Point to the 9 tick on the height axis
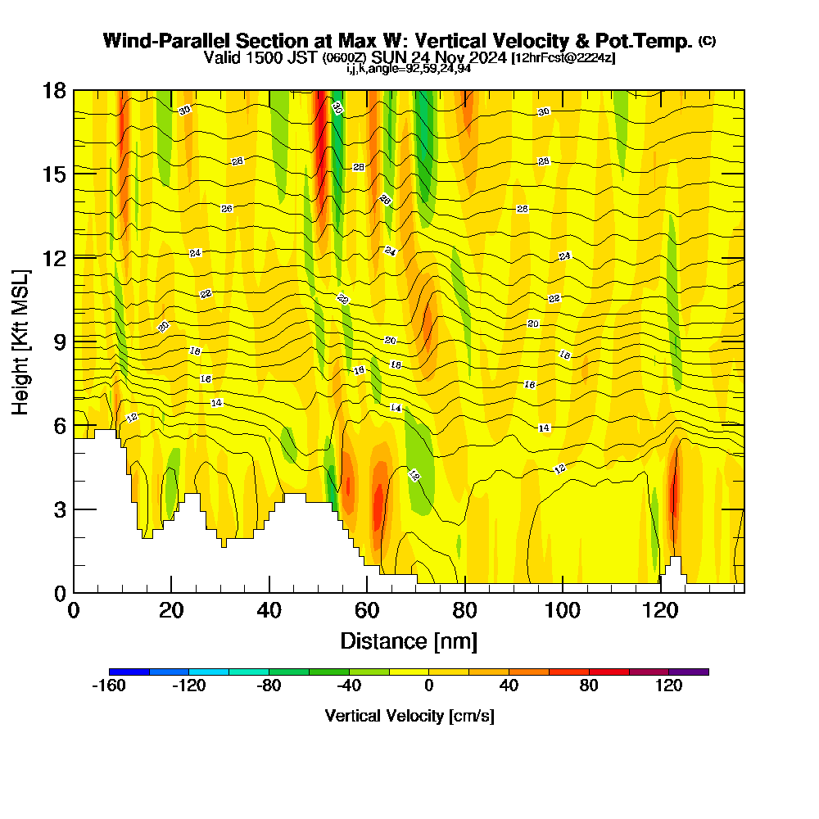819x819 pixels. [x=74, y=341]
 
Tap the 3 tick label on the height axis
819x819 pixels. [x=59, y=509]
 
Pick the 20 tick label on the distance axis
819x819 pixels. [x=170, y=611]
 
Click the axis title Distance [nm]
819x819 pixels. [x=409, y=640]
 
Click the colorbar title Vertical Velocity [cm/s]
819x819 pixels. [x=409, y=716]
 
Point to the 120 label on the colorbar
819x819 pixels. [x=669, y=686]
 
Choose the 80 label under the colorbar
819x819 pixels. [x=589, y=686]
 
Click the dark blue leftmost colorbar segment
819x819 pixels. [x=129, y=672]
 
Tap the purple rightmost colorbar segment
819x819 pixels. [x=689, y=672]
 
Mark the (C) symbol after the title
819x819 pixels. [x=707, y=40]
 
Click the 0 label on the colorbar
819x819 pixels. [x=428, y=686]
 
